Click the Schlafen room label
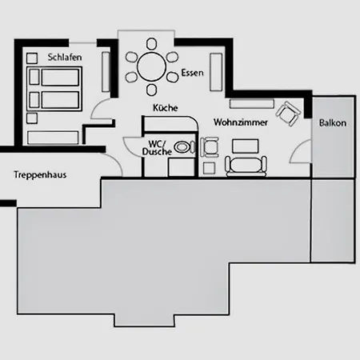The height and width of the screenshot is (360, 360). (x=65, y=58)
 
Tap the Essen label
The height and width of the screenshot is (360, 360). (x=192, y=73)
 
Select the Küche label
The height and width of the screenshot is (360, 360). (x=166, y=108)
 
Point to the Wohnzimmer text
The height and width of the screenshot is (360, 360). (x=241, y=122)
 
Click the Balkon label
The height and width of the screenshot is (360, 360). (x=333, y=123)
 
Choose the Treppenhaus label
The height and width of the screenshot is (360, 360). (x=40, y=175)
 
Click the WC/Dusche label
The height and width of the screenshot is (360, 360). (x=157, y=148)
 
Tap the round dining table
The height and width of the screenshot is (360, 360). (x=151, y=66)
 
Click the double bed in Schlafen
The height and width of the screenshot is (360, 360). (x=54, y=89)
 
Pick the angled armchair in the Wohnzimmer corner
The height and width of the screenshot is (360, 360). (x=288, y=113)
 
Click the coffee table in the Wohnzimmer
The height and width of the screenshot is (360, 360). (x=246, y=146)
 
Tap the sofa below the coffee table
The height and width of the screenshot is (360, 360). (x=246, y=166)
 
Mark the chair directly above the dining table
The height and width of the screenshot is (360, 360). (x=151, y=44)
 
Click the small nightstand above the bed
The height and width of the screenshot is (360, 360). (x=32, y=58)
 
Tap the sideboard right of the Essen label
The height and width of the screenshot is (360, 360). (x=216, y=72)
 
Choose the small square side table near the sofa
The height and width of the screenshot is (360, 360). (x=209, y=168)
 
